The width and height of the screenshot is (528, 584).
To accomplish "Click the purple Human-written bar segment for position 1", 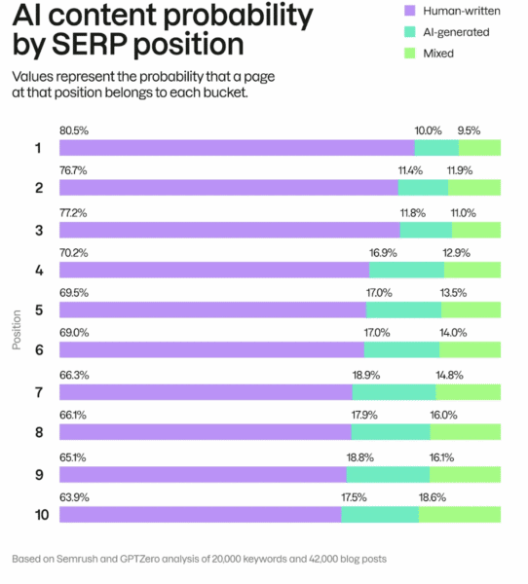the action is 237,148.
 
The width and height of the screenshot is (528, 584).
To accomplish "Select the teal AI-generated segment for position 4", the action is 406,270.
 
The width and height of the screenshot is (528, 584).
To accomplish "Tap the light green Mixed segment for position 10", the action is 460,514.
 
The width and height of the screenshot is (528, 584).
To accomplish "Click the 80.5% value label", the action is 74,130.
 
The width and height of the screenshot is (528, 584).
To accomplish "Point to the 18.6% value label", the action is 433,497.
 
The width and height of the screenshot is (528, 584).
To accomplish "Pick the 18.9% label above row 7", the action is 366,375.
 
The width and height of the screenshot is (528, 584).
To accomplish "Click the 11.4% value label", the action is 410,170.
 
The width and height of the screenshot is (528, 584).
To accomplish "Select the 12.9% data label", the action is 457,253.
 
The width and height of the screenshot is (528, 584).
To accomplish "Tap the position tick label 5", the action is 39,310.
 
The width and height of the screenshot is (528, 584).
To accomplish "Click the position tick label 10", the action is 42,515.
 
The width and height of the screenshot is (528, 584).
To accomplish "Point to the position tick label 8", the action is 39,432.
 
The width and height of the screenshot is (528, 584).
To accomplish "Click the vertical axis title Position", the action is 17,330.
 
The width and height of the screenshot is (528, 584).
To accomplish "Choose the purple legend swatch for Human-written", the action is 409,11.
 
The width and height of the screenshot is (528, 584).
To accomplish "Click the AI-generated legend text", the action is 456,32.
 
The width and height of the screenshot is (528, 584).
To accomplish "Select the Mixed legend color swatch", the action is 409,54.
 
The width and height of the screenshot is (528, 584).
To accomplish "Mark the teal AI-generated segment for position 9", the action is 388,475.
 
